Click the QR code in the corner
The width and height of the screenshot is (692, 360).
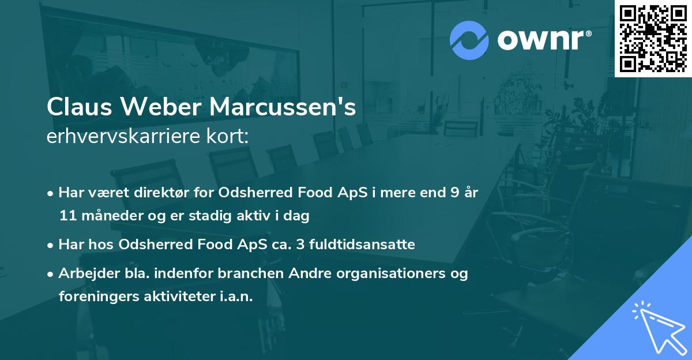point(653,39)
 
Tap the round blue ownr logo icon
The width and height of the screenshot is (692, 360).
point(469,40)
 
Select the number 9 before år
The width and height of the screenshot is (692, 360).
point(454,193)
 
